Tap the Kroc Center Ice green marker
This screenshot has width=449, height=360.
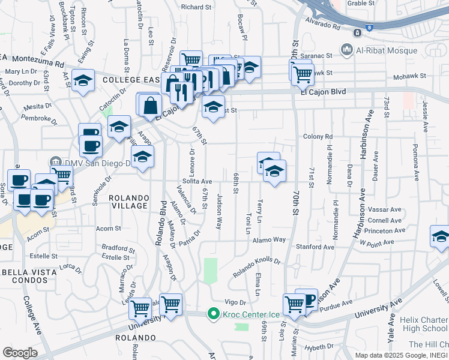tap(212, 314)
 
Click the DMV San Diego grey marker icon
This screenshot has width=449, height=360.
tap(55, 162)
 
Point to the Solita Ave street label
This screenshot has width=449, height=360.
tap(197, 181)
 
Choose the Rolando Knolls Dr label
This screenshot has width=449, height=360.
tap(256, 266)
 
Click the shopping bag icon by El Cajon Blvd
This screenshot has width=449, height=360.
tap(151, 105)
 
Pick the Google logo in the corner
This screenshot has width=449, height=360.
tap(20, 352)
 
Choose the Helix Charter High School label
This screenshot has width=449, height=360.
tap(426, 324)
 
